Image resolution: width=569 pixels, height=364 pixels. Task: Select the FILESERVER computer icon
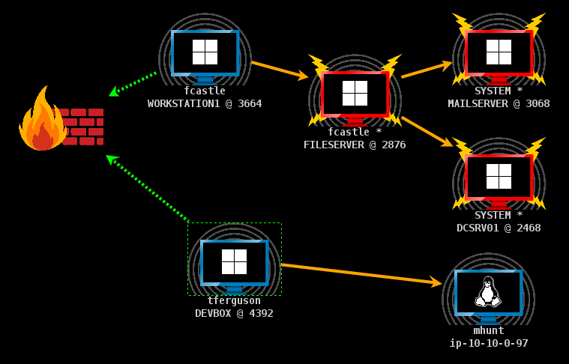[x=355, y=94]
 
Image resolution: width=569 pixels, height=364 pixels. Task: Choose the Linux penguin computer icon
[x=488, y=292]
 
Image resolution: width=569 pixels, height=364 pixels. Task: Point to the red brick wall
[x=84, y=127]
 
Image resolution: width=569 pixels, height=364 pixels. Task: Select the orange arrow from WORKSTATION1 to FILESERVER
[x=279, y=70]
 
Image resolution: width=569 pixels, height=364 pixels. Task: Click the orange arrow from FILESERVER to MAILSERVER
[x=427, y=69]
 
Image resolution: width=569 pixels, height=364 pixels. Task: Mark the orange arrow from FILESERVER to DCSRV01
[x=427, y=131]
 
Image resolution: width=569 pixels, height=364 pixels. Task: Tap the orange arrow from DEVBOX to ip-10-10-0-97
[x=361, y=273]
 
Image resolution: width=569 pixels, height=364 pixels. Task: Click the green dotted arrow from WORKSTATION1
[x=133, y=83]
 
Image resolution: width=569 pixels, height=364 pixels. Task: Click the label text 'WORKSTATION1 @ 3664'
[x=205, y=103]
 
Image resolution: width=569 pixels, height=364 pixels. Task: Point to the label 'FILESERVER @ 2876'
[x=355, y=145]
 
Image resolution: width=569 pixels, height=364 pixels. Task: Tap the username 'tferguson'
[x=234, y=300]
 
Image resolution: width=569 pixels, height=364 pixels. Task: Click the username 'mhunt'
[x=488, y=330]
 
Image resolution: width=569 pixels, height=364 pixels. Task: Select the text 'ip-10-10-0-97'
[x=488, y=343]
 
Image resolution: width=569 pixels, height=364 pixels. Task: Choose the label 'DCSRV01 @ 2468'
[x=499, y=228]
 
